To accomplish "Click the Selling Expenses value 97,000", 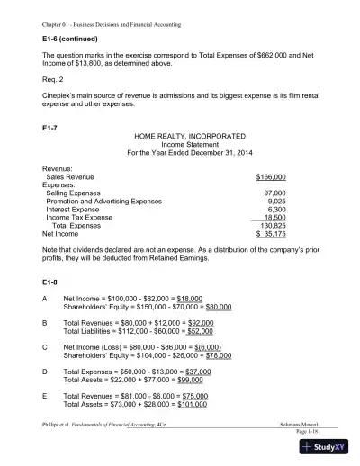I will tap(274, 193).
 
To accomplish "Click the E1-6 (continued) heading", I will tap(59, 40).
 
